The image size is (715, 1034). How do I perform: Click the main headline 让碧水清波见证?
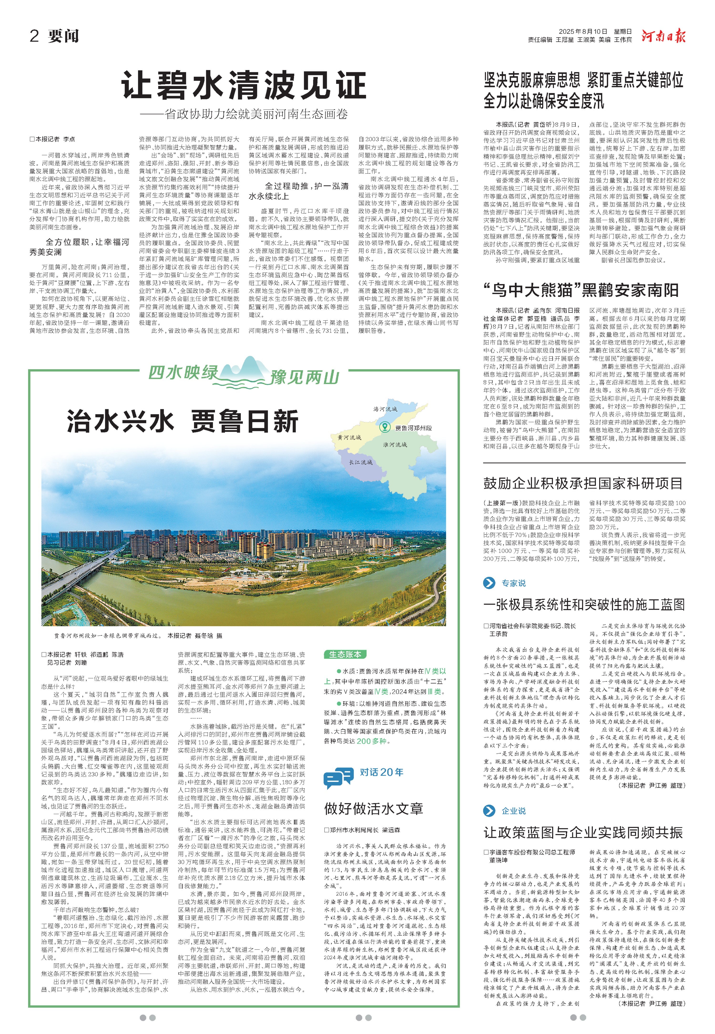click(x=244, y=85)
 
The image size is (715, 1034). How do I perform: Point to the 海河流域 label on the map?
click(x=385, y=409)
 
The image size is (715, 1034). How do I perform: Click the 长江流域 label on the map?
click(x=361, y=462)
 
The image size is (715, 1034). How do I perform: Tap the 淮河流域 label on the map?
click(x=395, y=445)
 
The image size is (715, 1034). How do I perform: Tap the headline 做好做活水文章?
click(x=374, y=809)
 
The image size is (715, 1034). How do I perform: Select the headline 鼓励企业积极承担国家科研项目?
click(x=583, y=483)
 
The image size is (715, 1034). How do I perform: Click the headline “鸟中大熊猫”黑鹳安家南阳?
click(x=581, y=290)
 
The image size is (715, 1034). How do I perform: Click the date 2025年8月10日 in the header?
click(x=583, y=31)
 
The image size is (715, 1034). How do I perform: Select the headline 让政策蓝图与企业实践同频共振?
click(x=583, y=832)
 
